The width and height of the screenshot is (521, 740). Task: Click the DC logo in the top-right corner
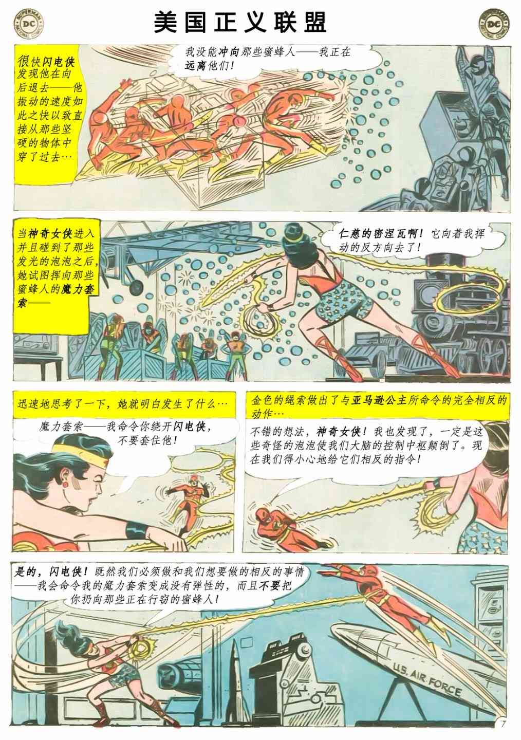pyautogui.click(x=494, y=25)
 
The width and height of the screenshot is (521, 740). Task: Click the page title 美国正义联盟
pyautogui.click(x=240, y=23)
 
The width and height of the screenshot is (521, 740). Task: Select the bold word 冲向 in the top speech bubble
pyautogui.click(x=228, y=52)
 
